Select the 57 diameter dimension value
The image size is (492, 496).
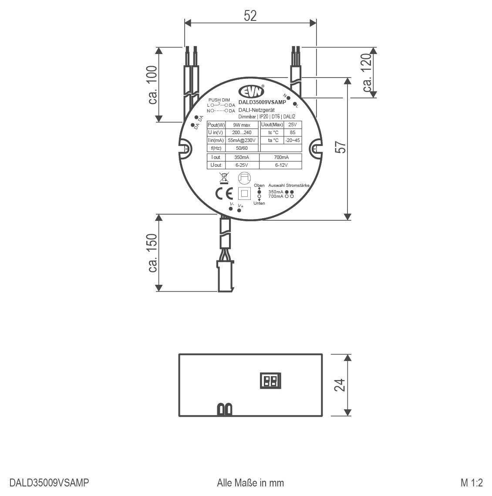342,147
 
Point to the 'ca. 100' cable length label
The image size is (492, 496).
152,85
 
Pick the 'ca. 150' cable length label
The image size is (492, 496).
152,253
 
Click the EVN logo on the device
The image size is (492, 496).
251,91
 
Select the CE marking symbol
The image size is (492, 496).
224,193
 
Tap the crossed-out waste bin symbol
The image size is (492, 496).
224,178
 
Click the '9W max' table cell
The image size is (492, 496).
242,125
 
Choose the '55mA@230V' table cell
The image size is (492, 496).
242,140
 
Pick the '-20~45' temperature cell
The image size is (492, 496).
292,140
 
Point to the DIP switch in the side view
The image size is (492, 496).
270,381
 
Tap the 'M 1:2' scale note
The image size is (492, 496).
472,483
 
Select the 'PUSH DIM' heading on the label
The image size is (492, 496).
219,100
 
